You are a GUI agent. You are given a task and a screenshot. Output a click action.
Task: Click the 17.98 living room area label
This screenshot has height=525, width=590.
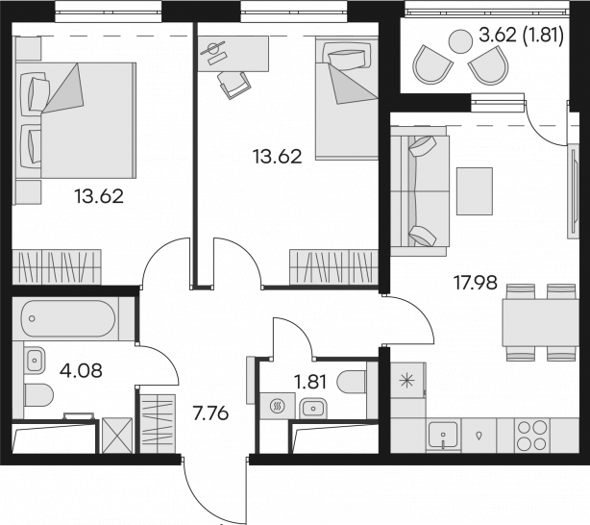click(476, 283)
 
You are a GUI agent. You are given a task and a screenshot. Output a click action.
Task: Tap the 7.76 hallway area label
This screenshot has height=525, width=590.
click(210, 413)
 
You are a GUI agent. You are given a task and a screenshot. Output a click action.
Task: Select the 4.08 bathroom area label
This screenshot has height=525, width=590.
click(81, 370)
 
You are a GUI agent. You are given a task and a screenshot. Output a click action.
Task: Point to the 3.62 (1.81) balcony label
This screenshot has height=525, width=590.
click(521, 36)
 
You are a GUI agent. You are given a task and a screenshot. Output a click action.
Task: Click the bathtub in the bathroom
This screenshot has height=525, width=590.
click(68, 318)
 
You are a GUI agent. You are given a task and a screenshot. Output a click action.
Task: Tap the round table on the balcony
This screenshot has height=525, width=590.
click(460, 41)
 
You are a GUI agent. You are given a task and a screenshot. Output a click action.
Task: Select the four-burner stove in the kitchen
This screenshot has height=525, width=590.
click(531, 436)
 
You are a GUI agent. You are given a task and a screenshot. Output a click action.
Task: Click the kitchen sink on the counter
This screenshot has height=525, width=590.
click(443, 436)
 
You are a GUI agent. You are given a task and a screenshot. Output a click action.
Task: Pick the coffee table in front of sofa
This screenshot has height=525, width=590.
click(475, 191)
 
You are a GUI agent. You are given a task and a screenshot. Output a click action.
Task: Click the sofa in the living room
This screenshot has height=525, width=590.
click(420, 191)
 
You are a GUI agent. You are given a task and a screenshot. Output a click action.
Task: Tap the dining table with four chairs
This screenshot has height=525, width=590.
click(540, 322)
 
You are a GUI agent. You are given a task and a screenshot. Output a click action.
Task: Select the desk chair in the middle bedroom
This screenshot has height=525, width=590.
click(234, 85)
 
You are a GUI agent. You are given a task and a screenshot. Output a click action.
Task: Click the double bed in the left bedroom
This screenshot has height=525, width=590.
click(75, 120)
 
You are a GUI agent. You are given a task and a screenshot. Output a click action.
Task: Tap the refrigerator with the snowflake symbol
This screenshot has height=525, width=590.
click(407, 381)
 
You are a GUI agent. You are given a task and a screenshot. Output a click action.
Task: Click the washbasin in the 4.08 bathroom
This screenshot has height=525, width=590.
click(35, 360)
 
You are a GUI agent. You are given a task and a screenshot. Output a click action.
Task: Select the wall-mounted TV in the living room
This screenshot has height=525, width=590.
click(573, 191)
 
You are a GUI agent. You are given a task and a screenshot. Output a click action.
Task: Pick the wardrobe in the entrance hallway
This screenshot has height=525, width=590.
click(158, 424)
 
